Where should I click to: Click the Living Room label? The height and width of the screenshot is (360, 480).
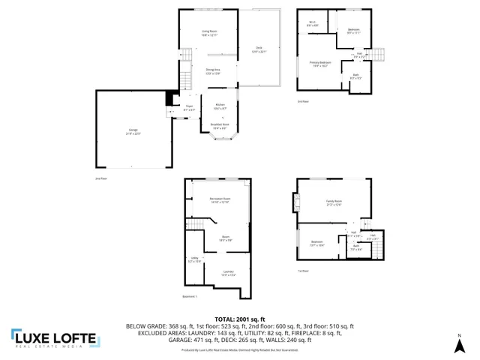(208, 32)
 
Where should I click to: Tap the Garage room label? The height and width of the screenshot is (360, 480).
(133, 132)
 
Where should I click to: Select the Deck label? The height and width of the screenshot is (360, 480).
(258, 49)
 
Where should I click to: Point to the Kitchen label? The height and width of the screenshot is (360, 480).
(220, 106)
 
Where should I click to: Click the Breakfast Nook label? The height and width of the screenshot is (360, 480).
(220, 127)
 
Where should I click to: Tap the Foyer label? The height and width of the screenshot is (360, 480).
(190, 108)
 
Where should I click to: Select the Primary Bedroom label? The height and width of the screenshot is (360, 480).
(319, 64)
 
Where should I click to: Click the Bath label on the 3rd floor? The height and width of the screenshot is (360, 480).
(355, 76)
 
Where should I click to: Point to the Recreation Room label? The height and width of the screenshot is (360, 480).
(219, 199)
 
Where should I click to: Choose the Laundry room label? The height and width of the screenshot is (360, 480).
(228, 273)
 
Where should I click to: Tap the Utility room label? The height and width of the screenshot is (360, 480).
(193, 260)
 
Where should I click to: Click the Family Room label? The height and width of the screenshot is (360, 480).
(334, 203)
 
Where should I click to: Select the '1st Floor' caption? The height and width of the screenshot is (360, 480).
(304, 271)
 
